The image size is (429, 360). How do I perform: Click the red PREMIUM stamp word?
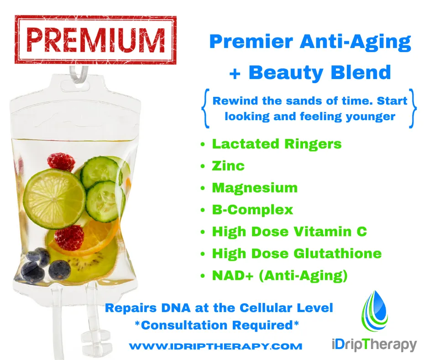tap(95, 40)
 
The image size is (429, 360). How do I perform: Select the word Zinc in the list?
tap(228, 166)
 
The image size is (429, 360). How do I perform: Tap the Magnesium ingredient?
tap(255, 188)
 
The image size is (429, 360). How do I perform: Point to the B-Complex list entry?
tap(252, 210)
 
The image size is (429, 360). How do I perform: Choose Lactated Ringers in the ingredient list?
tap(277, 144)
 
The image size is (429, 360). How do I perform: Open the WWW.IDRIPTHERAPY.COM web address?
tap(215, 346)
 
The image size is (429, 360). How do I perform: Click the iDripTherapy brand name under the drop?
tap(374, 344)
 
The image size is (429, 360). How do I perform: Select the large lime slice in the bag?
tap(54, 199)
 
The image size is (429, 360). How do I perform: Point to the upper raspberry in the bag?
tap(61, 162)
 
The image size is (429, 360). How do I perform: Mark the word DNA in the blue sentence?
tap(176, 308)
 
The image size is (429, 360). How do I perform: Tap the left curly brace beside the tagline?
tap(205, 108)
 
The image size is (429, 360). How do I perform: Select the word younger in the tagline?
tap(371, 116)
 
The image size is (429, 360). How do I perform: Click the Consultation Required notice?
tap(217, 325)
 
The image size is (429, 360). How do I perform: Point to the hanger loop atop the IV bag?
tap(79, 74)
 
